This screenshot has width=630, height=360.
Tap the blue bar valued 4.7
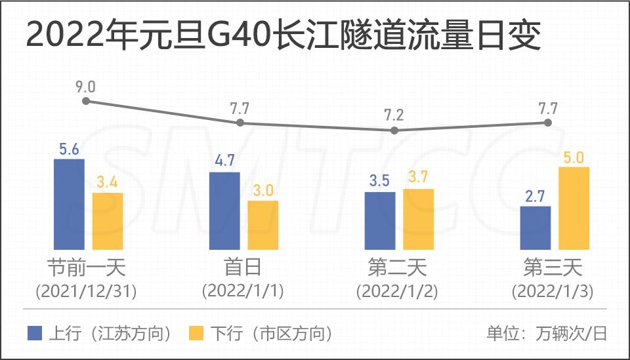pos(224,210)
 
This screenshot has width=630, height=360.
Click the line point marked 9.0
pos(85,101)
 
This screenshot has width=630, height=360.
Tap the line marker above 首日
pos(240,123)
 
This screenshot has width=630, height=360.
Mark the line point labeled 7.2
pos(394,130)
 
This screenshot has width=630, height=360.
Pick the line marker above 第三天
pos(549,123)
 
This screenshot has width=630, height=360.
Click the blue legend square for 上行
pos(35,333)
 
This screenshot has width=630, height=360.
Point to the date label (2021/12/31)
pos(86,291)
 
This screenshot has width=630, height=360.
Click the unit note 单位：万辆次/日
pos(547,333)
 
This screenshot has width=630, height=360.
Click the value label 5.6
pos(69,149)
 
